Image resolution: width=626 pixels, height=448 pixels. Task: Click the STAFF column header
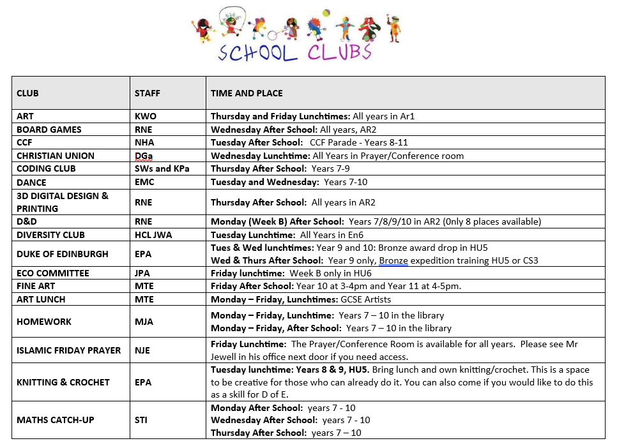coord(147,93)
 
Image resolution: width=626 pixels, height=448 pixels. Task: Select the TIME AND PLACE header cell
coord(247,93)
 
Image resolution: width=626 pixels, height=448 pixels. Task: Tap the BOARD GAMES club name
coord(49,130)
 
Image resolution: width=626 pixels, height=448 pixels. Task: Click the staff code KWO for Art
coord(146,117)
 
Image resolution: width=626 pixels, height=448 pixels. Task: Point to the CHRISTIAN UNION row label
coord(56,156)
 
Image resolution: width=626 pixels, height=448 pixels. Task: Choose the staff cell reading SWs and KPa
coord(162,168)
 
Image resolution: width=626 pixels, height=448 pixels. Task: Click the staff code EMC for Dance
coord(145,182)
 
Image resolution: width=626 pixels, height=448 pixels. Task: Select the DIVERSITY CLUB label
coord(50,235)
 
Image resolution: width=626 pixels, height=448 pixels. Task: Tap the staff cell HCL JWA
coord(155,235)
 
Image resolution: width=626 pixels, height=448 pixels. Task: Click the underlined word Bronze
coord(393,260)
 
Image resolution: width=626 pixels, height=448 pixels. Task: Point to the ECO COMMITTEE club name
coord(53,273)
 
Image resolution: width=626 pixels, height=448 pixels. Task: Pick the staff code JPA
coord(144,273)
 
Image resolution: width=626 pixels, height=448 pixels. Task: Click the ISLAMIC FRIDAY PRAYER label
coord(68,350)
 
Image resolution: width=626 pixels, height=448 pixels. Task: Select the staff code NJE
coord(144,350)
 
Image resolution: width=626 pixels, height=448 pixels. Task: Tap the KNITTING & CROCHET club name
coord(63,382)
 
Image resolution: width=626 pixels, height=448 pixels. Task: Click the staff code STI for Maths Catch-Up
coord(142,420)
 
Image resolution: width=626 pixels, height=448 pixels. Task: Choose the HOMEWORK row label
coord(44,322)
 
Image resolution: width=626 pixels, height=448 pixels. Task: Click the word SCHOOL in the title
coord(258,53)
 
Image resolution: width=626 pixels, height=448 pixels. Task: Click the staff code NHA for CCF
coord(145,142)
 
